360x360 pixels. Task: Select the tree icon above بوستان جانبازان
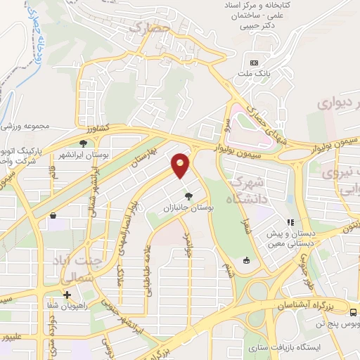point(187,197)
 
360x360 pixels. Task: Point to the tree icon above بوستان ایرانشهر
point(83,143)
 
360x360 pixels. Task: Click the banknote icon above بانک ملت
point(254,63)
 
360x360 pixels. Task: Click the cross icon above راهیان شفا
point(67,295)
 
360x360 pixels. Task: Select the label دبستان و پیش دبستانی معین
point(294,238)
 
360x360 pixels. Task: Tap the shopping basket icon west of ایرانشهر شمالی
point(52,218)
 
